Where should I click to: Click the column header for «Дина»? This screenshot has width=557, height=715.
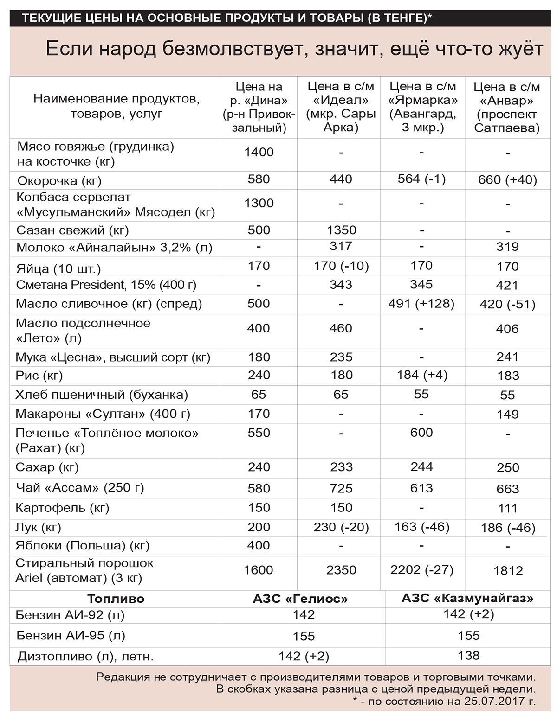pyautogui.click(x=259, y=107)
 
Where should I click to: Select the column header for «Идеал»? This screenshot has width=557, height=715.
pyautogui.click(x=341, y=107)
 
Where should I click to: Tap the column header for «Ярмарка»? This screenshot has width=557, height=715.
pyautogui.click(x=422, y=107)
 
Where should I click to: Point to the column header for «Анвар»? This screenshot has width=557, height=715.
pyautogui.click(x=507, y=107)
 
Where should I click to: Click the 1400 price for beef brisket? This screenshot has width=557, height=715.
pyautogui.click(x=259, y=152)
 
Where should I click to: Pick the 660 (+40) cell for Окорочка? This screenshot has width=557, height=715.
pyautogui.click(x=507, y=180)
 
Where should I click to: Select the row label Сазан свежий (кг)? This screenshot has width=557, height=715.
pyautogui.click(x=72, y=230)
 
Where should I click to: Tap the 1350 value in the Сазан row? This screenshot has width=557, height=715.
pyautogui.click(x=341, y=230)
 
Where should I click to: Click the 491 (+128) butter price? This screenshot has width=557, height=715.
pyautogui.click(x=422, y=304)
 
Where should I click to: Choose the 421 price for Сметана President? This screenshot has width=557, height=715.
pyautogui.click(x=507, y=285)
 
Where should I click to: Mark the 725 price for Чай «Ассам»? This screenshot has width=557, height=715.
pyautogui.click(x=341, y=488)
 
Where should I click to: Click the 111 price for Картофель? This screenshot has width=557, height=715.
pyautogui.click(x=507, y=508)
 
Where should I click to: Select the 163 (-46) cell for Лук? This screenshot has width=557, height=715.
pyautogui.click(x=422, y=527)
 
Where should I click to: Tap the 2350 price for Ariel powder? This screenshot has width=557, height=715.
pyautogui.click(x=341, y=570)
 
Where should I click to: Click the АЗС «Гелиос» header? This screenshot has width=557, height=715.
pyautogui.click(x=300, y=599)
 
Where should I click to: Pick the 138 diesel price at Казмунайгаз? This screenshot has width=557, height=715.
pyautogui.click(x=468, y=656)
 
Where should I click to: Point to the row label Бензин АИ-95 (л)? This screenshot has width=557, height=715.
pyautogui.click(x=71, y=635)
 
